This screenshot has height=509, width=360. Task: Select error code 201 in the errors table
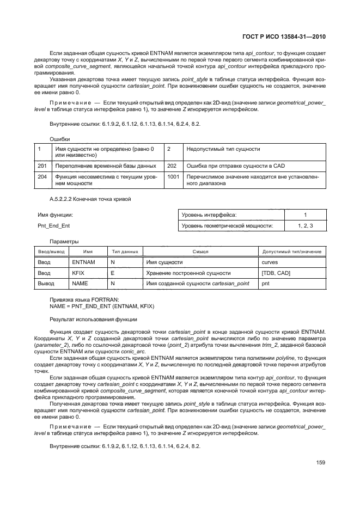pyautogui.click(x=42, y=165)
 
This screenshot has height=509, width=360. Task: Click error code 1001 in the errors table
pyautogui.click(x=173, y=176)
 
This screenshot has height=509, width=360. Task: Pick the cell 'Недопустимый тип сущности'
pyautogui.click(x=223, y=148)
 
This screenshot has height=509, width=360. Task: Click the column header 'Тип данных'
pyautogui.click(x=124, y=252)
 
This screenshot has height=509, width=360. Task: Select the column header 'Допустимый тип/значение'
pyautogui.click(x=292, y=252)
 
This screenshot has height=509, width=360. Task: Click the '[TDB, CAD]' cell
pyautogui.click(x=277, y=273)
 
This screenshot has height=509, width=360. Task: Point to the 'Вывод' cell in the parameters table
pyautogui.click(x=46, y=283)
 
